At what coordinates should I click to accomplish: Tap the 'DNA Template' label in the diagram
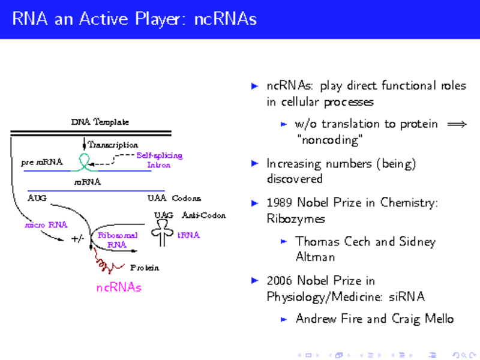coord(100,122)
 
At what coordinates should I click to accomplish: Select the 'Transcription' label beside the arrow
coord(113,145)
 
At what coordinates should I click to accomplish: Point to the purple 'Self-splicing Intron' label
coord(159,160)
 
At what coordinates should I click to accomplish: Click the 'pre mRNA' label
coord(42,162)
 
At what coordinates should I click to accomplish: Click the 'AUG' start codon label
coord(37,197)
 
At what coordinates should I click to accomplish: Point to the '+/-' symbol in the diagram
coord(77,239)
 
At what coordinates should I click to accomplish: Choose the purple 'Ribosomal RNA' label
coord(118,240)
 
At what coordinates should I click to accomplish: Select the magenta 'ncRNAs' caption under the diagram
coord(119,287)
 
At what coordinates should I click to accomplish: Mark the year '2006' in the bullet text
coord(280,280)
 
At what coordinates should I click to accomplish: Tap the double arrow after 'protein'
coord(457,124)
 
